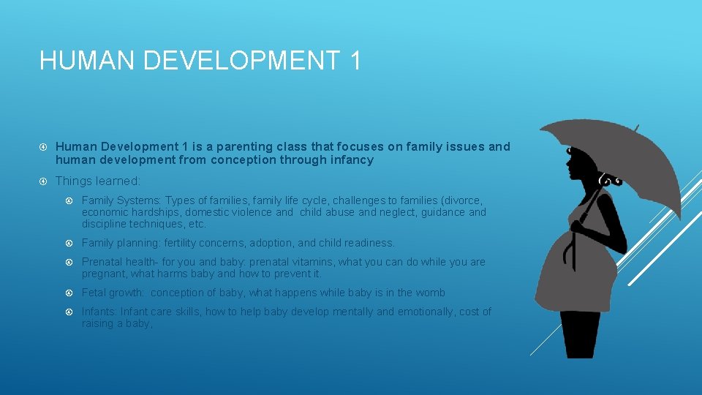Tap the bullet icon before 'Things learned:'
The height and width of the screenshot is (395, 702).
coord(44,181)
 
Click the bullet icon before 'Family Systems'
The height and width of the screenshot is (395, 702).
coord(70,200)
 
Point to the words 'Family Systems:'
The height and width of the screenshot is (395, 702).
coord(121,200)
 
